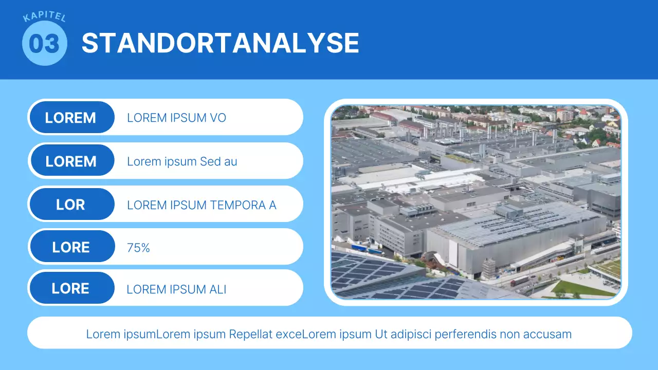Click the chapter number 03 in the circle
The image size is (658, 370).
pos(44,44)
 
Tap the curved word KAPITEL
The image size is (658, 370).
pos(44,16)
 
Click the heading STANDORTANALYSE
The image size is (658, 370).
pos(221,43)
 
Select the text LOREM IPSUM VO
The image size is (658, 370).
pos(176,118)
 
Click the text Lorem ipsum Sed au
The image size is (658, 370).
pos(182,161)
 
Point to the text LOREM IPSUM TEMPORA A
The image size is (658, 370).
pos(202,205)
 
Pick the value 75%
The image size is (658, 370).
pos(138,248)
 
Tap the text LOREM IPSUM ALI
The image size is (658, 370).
pos(176,289)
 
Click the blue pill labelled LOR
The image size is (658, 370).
pos(72,204)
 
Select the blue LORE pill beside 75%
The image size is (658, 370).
pos(72,246)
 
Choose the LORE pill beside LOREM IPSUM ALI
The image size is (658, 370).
pos(72,288)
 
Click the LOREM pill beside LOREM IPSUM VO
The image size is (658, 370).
pos(72,117)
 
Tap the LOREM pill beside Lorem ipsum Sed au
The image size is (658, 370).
pos(72,160)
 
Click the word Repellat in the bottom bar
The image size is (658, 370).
pos(250,334)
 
